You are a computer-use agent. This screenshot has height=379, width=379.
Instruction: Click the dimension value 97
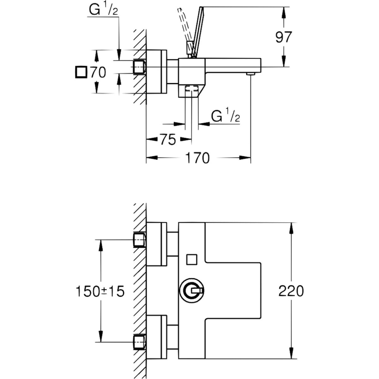click(283, 37)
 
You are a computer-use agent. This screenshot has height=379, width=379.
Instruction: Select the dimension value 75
click(168, 139)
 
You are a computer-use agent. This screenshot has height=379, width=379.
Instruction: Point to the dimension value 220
click(291, 291)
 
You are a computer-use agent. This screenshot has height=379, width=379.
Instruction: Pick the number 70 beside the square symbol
click(98, 73)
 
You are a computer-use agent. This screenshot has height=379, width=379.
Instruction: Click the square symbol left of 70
click(81, 72)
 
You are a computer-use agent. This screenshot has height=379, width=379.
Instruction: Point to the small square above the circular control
click(191, 259)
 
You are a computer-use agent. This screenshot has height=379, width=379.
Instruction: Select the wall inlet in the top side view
click(139, 67)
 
